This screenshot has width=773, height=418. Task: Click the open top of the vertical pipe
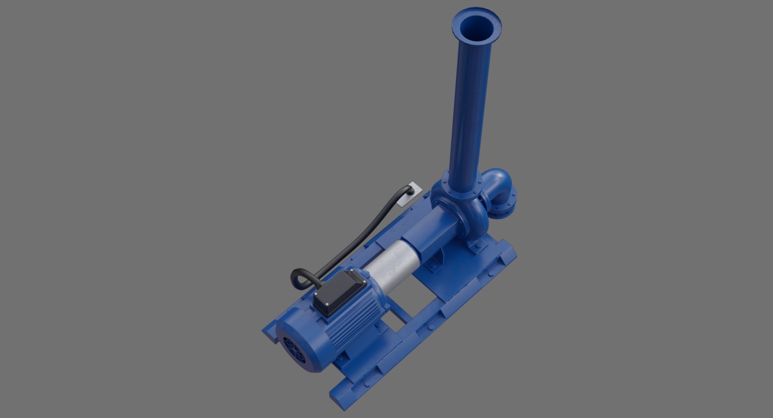tap(476, 26)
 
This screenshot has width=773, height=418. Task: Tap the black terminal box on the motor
tap(340, 293)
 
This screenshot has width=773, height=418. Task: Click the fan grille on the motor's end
tap(294, 349)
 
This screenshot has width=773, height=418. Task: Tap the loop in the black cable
tap(303, 278)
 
